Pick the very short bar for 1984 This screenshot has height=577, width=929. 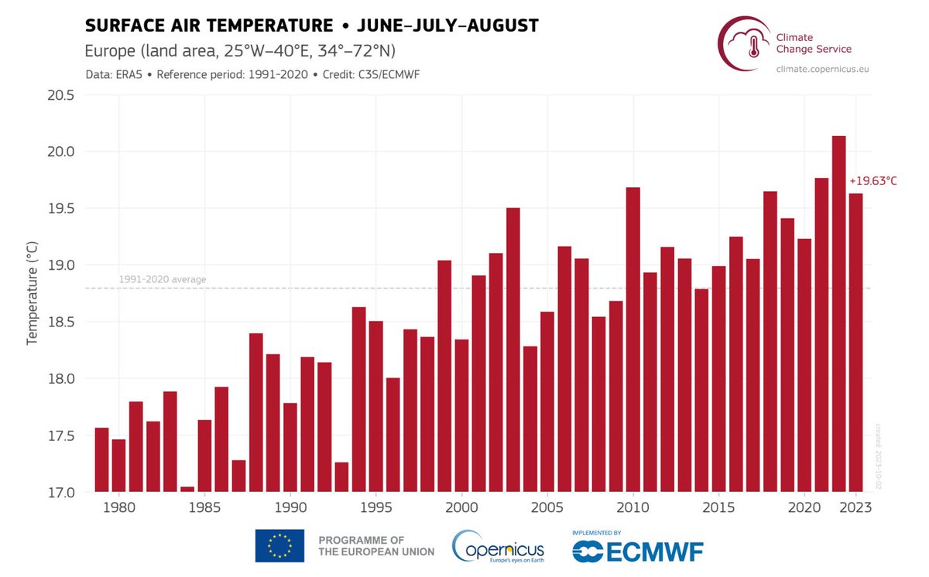187,489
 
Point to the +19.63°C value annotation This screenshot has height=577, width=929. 873,181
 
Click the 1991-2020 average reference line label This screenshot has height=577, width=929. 163,279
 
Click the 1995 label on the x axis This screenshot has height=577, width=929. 375,508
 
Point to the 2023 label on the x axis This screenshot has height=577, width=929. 856,508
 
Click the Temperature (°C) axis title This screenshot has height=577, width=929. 33,294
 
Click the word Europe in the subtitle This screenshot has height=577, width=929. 108,51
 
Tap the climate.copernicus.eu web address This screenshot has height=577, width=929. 822,70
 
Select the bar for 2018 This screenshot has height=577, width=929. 770,341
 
